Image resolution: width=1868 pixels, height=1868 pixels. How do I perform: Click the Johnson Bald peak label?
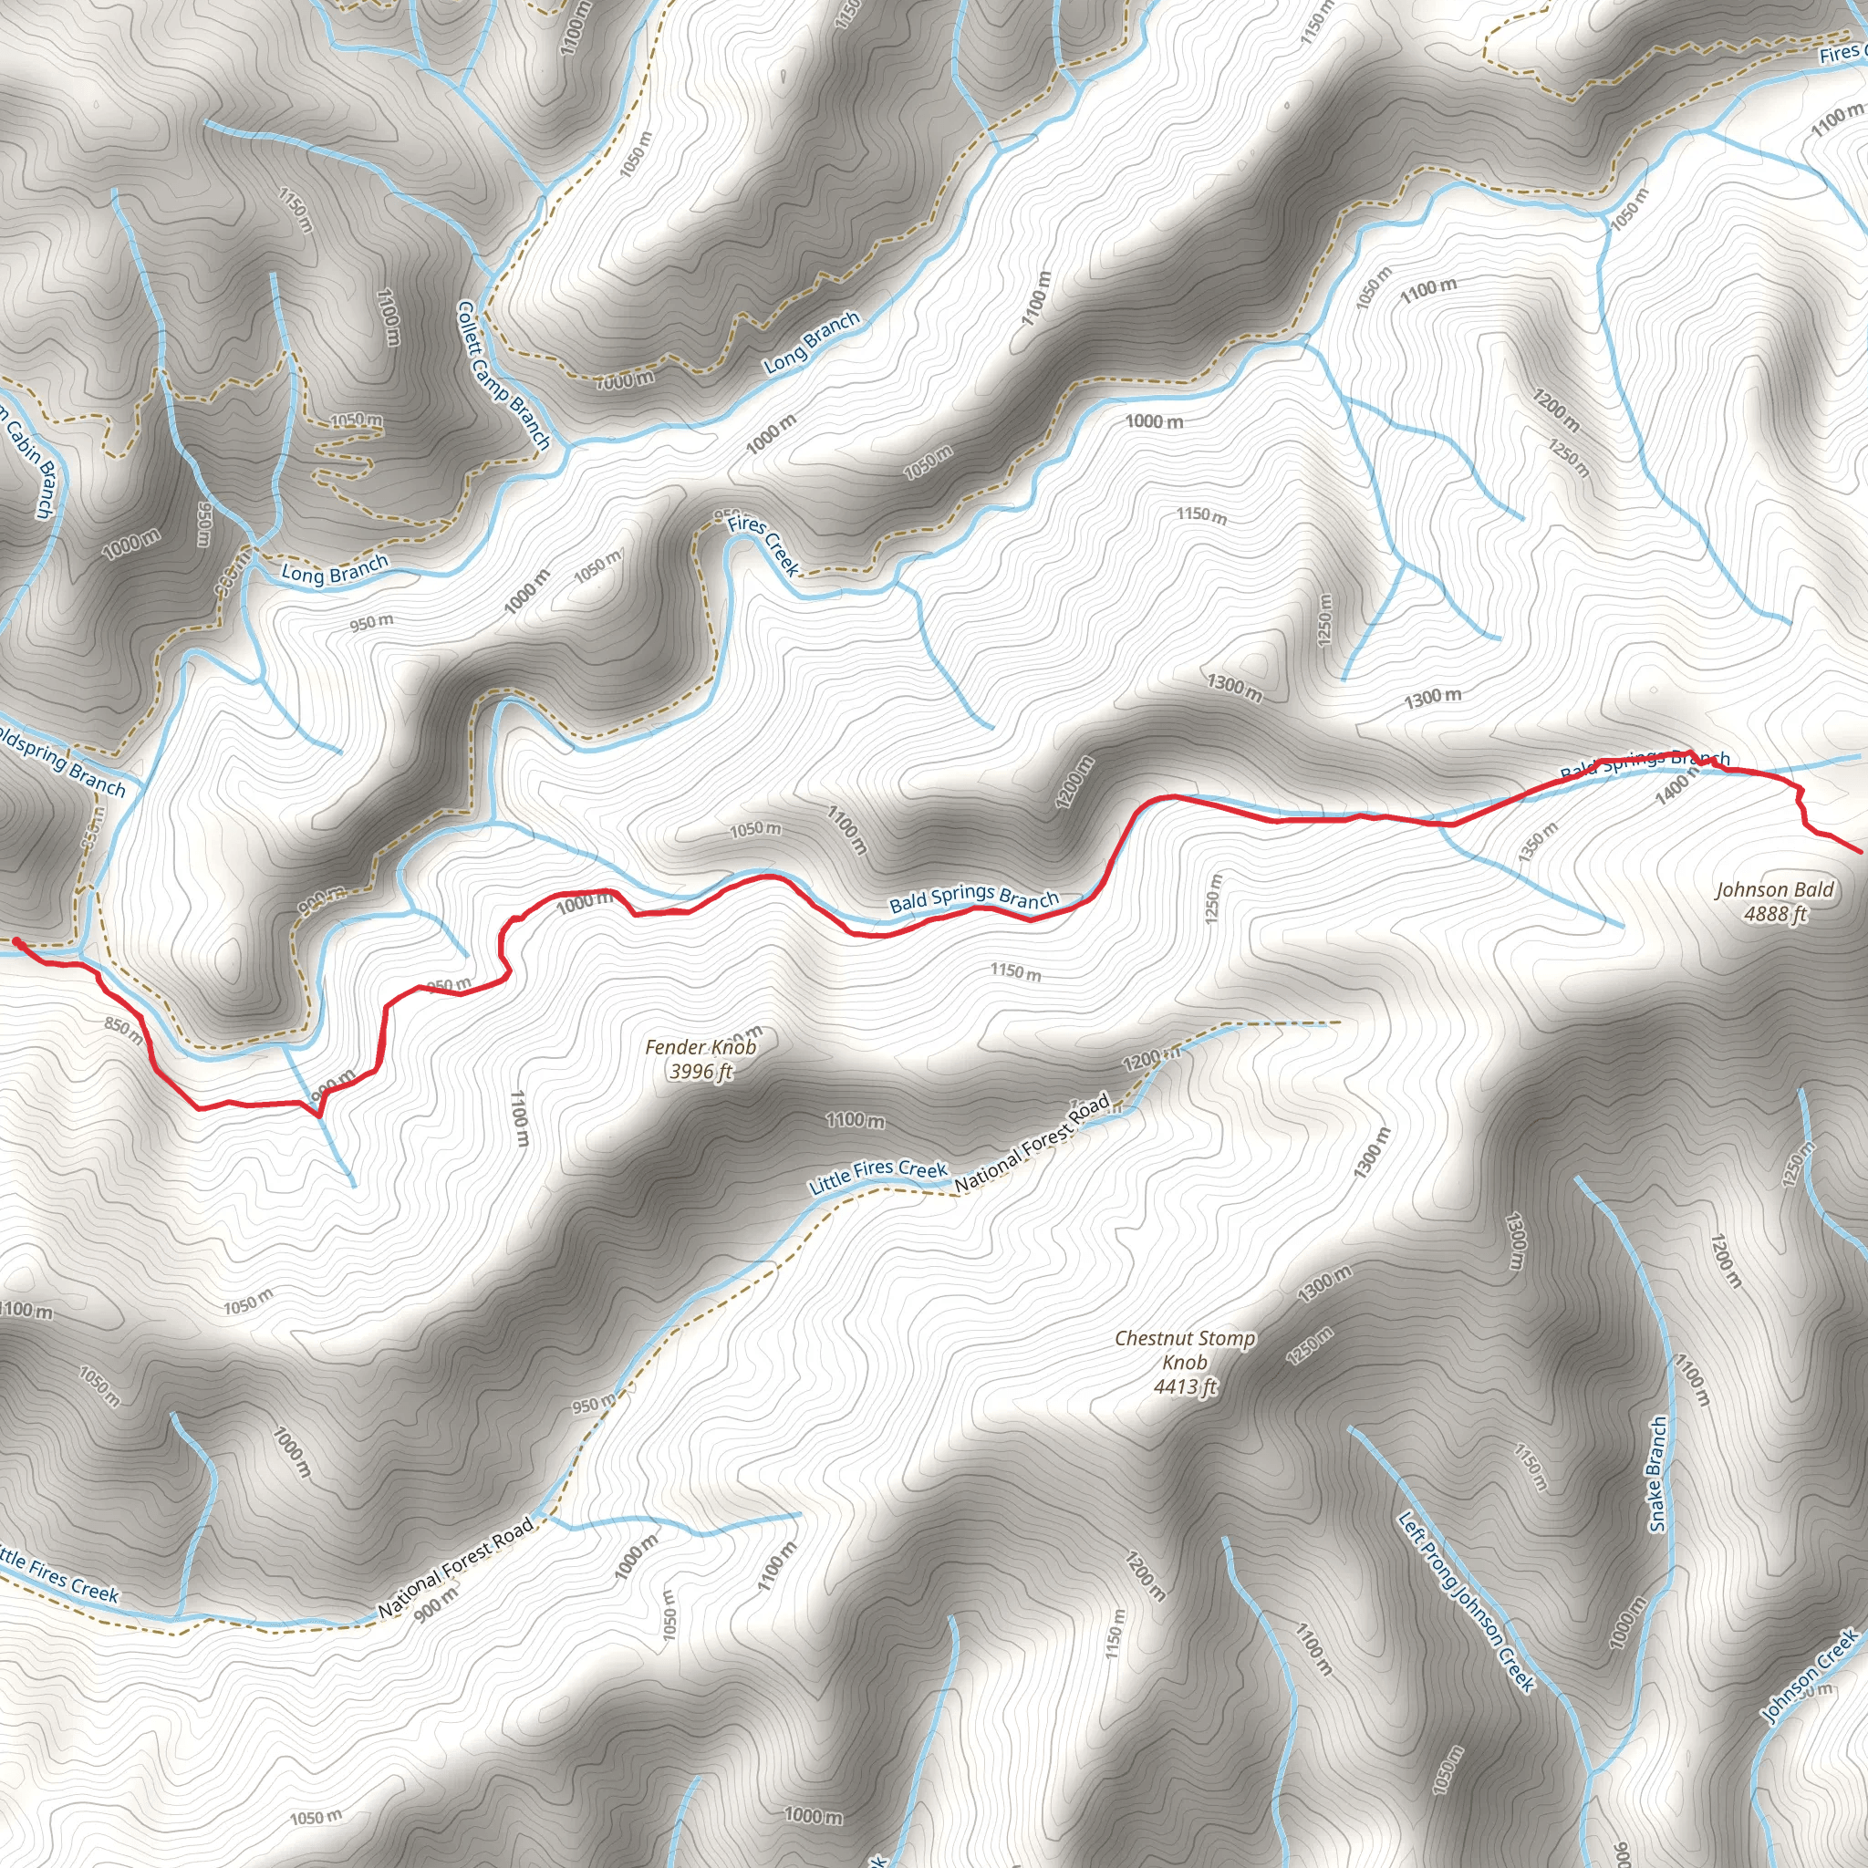click(1774, 889)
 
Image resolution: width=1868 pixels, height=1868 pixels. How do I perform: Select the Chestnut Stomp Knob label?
click(1185, 1350)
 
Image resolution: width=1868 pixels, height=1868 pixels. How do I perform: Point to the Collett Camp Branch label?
click(503, 375)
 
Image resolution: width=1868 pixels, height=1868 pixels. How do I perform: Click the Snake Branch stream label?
click(1657, 1475)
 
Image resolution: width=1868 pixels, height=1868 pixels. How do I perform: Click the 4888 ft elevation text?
click(1775, 914)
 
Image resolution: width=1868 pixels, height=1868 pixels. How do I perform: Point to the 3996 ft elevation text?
click(701, 1072)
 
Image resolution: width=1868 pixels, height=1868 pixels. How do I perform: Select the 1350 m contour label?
click(1537, 842)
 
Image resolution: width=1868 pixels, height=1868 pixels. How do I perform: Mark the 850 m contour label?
click(124, 1031)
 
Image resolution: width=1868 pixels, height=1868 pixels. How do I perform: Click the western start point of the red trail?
click(17, 939)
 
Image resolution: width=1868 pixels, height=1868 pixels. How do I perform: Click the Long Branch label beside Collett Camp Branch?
click(811, 343)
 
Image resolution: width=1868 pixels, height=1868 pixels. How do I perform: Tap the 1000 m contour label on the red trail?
click(585, 902)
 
